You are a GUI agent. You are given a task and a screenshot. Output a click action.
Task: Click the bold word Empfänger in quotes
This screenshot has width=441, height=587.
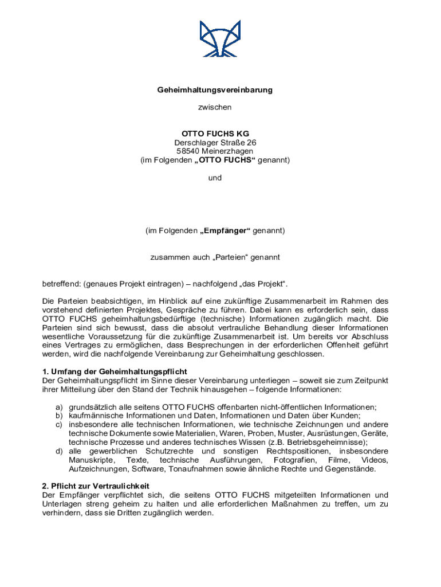click(x=226, y=230)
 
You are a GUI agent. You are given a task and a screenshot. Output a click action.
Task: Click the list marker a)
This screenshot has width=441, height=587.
click(x=58, y=408)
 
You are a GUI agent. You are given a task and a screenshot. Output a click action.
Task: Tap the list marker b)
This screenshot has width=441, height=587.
click(x=58, y=416)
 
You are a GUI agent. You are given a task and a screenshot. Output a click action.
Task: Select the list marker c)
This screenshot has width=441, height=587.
click(x=58, y=425)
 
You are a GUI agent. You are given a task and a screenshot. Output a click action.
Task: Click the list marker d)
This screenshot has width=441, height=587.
click(x=58, y=452)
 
